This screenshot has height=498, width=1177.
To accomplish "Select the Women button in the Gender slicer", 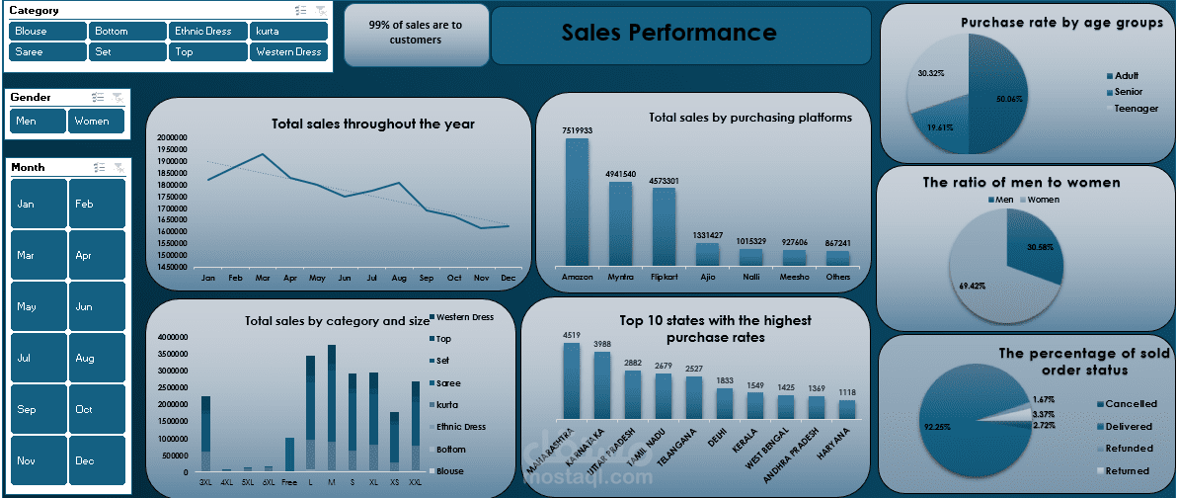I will pyautogui.click(x=96, y=122).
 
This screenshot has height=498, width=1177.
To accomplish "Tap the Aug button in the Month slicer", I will pyautogui.click(x=97, y=358).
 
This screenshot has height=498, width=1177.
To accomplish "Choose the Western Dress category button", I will pyautogui.click(x=288, y=52).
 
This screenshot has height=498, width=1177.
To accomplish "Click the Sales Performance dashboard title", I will pyautogui.click(x=668, y=33).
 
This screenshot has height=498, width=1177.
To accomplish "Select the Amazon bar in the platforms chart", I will pyautogui.click(x=577, y=202).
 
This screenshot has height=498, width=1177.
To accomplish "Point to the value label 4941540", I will pyautogui.click(x=621, y=174).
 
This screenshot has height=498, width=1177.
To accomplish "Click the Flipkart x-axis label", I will pyautogui.click(x=664, y=278).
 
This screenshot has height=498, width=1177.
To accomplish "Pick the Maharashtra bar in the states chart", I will pyautogui.click(x=571, y=380).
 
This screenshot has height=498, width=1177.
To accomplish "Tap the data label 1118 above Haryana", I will pyautogui.click(x=847, y=392).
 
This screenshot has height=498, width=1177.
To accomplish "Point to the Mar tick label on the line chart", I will pyautogui.click(x=263, y=279).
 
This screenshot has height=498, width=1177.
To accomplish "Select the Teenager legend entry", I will pyautogui.click(x=1136, y=108).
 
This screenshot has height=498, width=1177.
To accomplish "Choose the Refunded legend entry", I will pyautogui.click(x=1128, y=449).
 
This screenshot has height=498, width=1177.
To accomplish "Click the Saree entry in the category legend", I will pyautogui.click(x=447, y=383).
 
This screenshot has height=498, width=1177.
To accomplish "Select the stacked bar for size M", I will pyautogui.click(x=332, y=407).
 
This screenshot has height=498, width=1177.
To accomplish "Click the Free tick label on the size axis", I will pyautogui.click(x=289, y=481).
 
